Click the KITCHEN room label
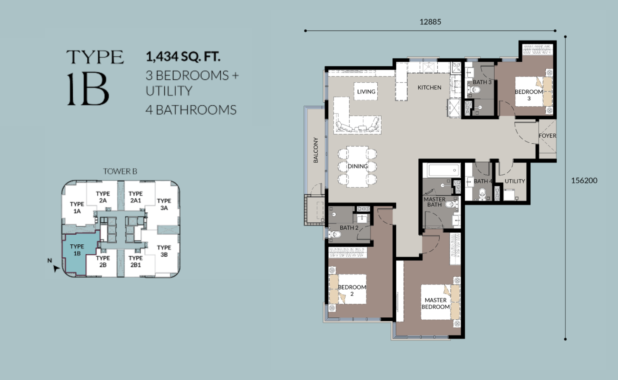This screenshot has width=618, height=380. pyautogui.click(x=429, y=87)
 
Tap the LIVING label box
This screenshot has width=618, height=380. pyautogui.click(x=366, y=91)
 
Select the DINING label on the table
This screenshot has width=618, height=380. pyautogui.click(x=358, y=166)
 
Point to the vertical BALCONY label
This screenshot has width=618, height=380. pyautogui.click(x=316, y=150)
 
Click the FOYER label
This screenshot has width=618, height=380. pyautogui.click(x=547, y=136)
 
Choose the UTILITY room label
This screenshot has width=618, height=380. pyautogui.click(x=514, y=181)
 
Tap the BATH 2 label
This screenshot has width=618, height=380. pyautogui.click(x=349, y=228)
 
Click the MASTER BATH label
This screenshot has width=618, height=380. pyautogui.click(x=434, y=202)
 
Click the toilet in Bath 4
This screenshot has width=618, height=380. pyautogui.click(x=482, y=193)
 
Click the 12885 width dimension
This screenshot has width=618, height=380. pyautogui.click(x=430, y=22)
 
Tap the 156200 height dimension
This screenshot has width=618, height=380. pyautogui.click(x=584, y=180)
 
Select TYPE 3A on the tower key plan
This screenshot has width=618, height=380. pyautogui.click(x=164, y=204)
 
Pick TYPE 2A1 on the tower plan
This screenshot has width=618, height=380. pyautogui.click(x=136, y=197)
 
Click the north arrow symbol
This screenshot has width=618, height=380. pyautogui.click(x=56, y=268)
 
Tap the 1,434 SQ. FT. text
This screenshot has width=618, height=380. pyautogui.click(x=183, y=56)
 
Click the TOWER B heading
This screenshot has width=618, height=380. pyautogui.click(x=120, y=171)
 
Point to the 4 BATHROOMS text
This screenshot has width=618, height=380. pyautogui.click(x=191, y=110)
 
